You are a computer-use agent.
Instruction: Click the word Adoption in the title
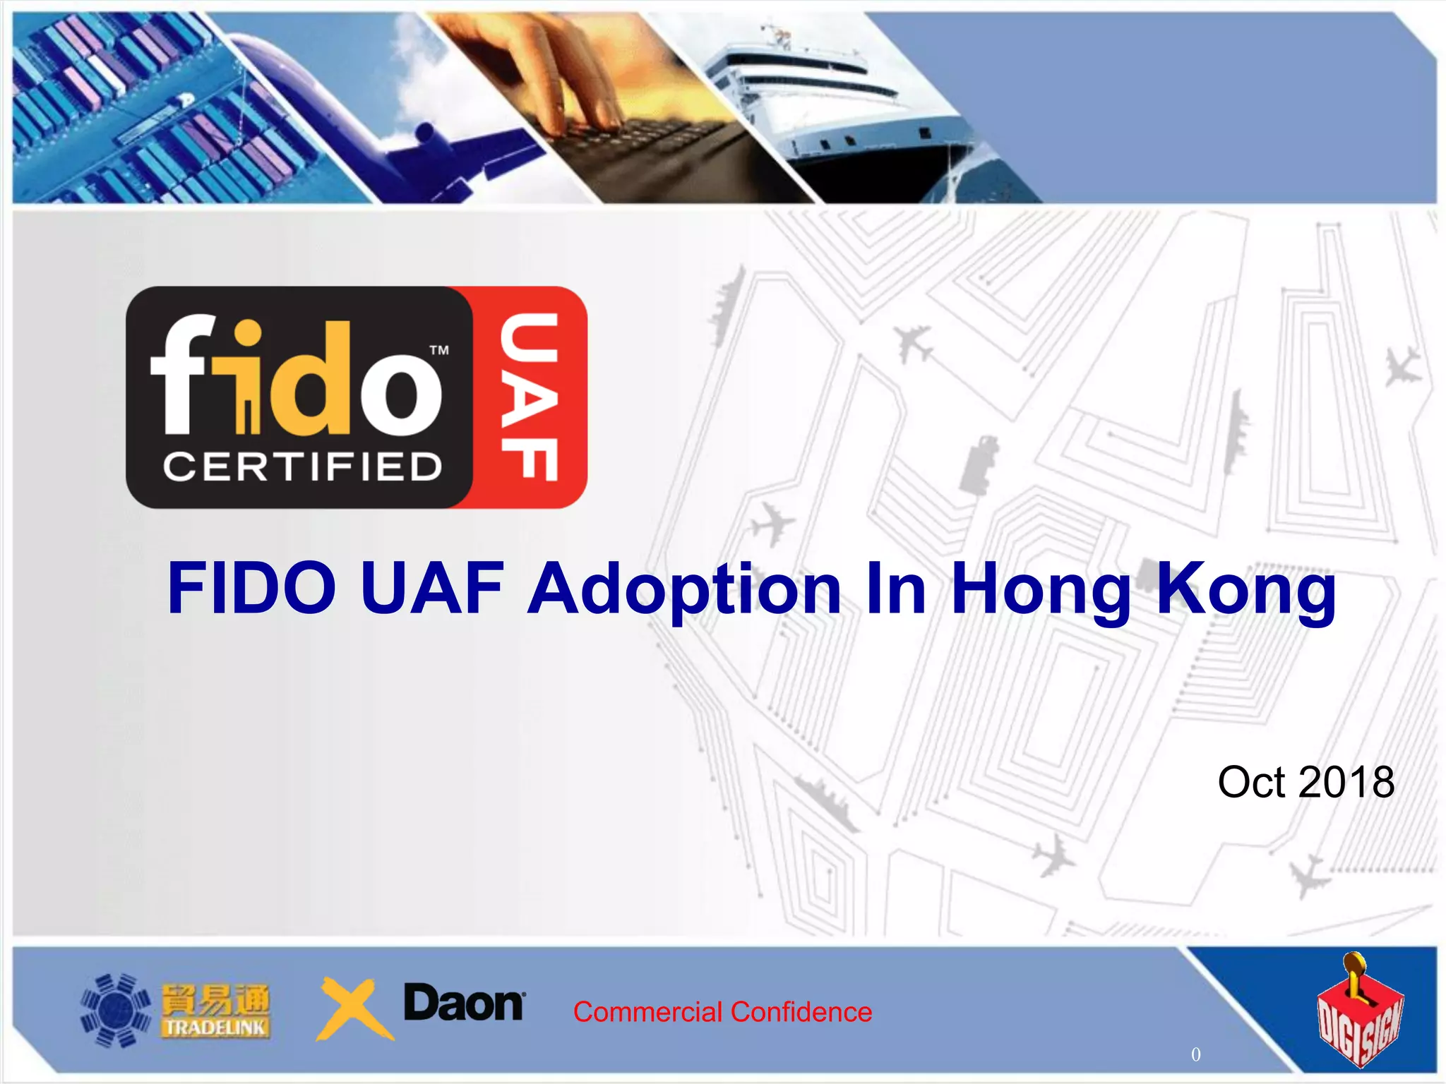tap(683, 589)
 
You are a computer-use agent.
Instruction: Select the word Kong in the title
tap(1245, 589)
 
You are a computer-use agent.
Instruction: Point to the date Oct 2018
tap(1305, 782)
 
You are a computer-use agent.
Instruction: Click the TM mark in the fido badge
tap(439, 350)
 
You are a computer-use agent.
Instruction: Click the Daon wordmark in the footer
tap(464, 1003)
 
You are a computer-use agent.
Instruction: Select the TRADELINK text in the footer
tap(215, 1028)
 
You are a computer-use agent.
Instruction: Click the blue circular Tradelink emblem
tap(115, 1010)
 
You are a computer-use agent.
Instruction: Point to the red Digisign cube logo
tap(1358, 1013)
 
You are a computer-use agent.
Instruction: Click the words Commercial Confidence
tap(722, 1012)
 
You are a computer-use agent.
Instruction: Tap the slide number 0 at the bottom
tap(1195, 1054)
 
